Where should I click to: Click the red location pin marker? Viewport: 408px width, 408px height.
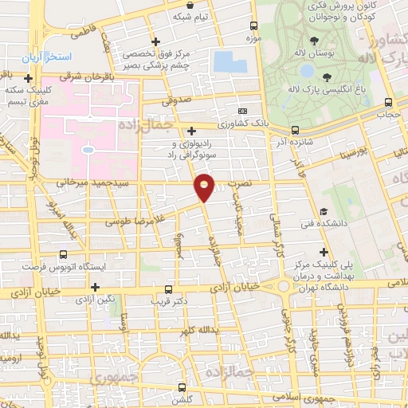pos(205,186)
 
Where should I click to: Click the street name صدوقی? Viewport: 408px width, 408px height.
pos(178,102)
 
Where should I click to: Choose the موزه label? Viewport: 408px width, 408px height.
pos(254,38)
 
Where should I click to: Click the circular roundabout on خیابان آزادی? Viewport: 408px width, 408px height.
pos(284,287)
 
